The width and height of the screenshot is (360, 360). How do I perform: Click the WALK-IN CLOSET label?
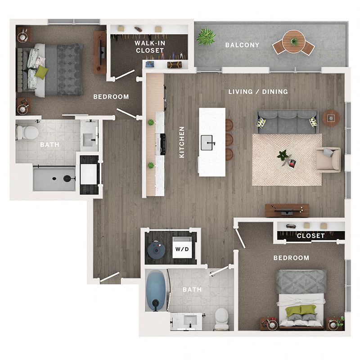pos(150,46)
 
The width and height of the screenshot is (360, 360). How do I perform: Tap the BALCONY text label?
pos(242,45)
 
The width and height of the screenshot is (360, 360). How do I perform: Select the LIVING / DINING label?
pos(258,92)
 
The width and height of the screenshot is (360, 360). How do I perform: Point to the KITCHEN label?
pos(182,142)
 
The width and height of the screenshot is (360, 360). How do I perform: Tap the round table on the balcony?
pos(294,41)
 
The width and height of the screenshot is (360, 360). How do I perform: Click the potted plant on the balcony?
pos(206,36)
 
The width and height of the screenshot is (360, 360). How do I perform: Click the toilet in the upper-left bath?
pos(28,132)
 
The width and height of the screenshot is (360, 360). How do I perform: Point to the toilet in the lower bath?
pos(221,319)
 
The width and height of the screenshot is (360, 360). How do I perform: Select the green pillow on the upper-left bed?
pos(41,72)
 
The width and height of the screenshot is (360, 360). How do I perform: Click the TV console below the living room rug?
pos(287,210)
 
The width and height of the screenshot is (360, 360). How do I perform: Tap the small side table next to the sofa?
pos(331,118)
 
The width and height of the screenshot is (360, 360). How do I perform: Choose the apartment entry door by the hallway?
pos(109,277)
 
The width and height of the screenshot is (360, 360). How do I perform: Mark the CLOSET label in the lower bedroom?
pos(310,236)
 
